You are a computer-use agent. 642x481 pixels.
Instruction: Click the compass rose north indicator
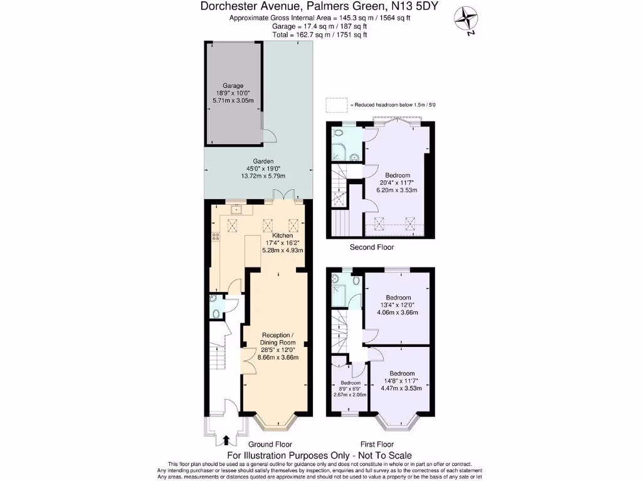[466, 19]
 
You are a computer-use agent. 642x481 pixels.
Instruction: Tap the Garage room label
[233, 86]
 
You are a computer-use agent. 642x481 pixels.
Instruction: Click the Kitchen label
[283, 235]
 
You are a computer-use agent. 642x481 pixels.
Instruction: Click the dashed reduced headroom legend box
[336, 104]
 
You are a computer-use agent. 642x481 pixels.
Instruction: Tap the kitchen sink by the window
[236, 209]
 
